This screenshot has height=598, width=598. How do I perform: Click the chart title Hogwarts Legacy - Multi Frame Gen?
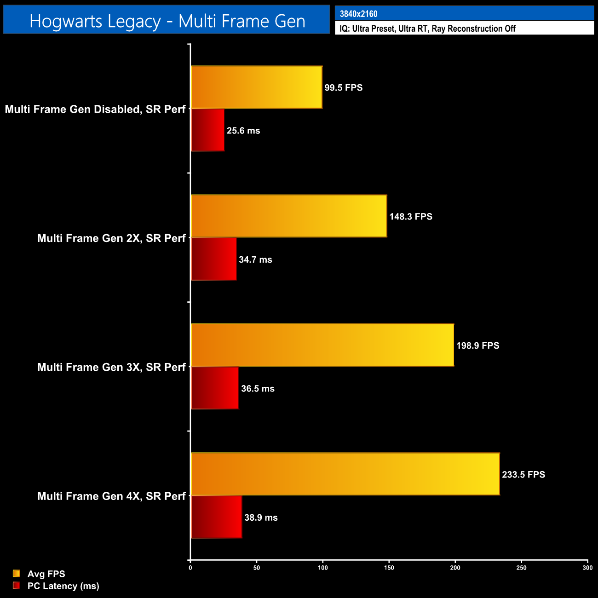(167, 21)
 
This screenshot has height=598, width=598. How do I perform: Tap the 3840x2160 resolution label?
(358, 14)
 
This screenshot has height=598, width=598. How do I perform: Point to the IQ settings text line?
(427, 29)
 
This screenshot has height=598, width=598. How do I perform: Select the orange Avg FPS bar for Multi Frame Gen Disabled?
(256, 87)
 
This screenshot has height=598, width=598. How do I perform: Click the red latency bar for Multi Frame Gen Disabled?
(207, 130)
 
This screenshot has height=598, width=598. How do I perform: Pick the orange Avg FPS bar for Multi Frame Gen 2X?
(288, 216)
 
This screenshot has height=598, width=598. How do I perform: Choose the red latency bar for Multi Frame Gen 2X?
(213, 259)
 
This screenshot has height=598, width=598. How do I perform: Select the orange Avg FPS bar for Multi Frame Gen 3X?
(322, 345)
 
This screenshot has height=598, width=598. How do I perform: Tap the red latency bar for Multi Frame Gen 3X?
(215, 388)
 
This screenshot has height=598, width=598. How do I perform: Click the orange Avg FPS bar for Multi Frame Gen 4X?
(345, 474)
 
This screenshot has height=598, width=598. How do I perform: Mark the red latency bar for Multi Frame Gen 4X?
(216, 517)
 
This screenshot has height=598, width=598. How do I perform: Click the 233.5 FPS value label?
(523, 474)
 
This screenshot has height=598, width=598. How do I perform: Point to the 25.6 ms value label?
(243, 131)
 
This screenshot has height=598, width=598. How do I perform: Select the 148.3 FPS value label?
(411, 217)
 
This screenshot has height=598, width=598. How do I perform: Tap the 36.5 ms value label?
(258, 389)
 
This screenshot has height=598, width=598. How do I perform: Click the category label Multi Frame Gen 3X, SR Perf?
(111, 367)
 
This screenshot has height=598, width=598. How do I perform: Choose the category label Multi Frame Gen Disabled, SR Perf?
(95, 109)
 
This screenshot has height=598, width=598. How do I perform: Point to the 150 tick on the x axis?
(389, 568)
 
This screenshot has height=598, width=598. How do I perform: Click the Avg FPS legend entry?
(46, 574)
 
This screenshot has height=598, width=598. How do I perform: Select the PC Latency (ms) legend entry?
(63, 586)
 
